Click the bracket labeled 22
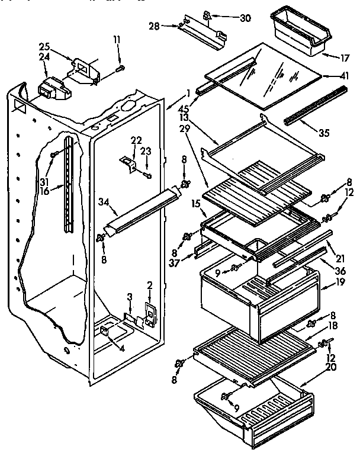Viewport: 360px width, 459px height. pos(130,161)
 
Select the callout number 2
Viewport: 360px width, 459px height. pos(150,284)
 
